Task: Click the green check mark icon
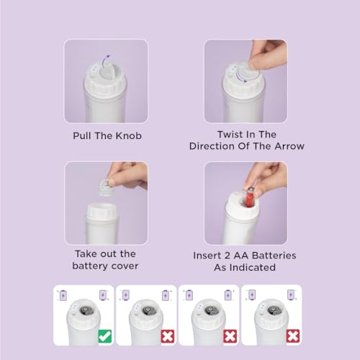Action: pyautogui.click(x=105, y=336)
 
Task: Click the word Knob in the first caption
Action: pyautogui.click(x=129, y=136)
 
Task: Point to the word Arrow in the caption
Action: pyautogui.click(x=289, y=146)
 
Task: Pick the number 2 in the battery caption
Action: pyautogui.click(x=228, y=256)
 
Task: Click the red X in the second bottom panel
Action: pyautogui.click(x=168, y=336)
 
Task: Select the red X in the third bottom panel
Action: pyautogui.click(x=230, y=336)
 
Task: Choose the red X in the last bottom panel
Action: pyautogui.click(x=293, y=336)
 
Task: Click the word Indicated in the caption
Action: pyautogui.click(x=253, y=267)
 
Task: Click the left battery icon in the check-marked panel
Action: pyautogui.click(x=63, y=295)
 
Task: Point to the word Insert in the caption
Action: pyautogui.click(x=207, y=256)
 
